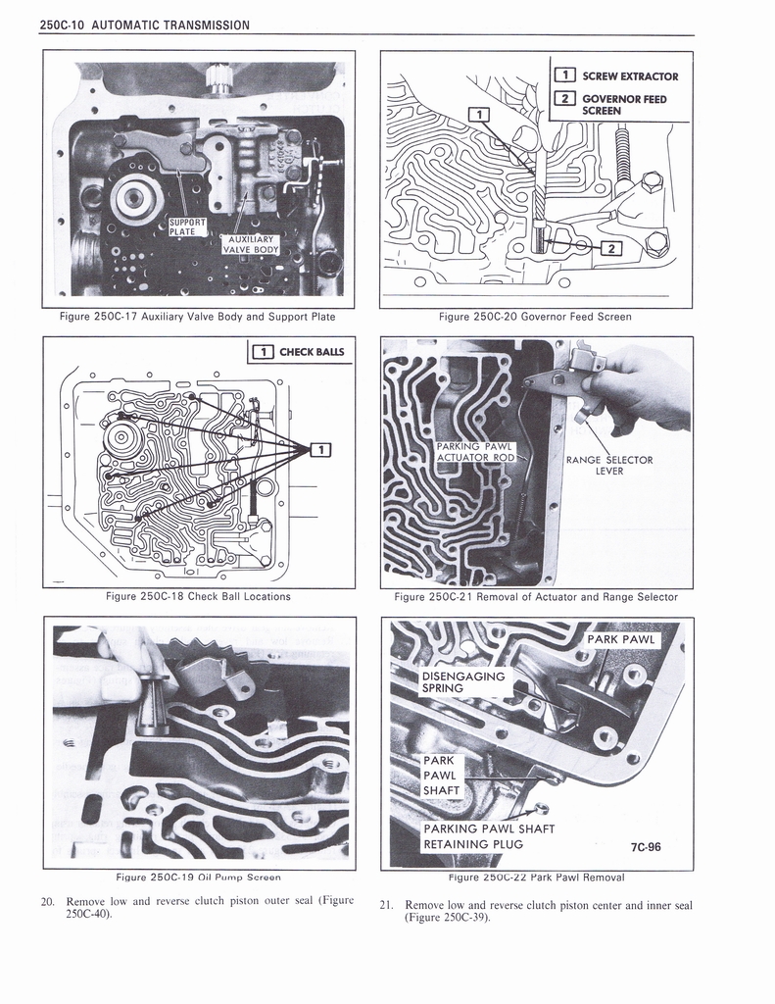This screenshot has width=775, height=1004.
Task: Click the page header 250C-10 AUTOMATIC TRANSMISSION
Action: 145,25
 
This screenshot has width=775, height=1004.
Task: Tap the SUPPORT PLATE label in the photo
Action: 187,226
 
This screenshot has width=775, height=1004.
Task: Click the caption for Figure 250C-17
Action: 199,316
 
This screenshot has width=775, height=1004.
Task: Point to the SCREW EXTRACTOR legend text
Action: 629,75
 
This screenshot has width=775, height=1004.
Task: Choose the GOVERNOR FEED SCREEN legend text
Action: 623,104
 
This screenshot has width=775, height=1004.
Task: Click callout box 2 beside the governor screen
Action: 611,248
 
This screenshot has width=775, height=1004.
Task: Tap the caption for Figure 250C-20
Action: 535,316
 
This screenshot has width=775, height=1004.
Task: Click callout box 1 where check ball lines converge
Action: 318,450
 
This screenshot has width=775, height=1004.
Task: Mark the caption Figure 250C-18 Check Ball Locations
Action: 199,596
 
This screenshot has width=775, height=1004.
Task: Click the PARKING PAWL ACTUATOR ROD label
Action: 474,452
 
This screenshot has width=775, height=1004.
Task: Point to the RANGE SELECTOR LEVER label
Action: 609,465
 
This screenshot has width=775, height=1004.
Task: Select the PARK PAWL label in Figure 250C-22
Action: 621,640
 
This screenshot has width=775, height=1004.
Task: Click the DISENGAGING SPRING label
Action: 462,682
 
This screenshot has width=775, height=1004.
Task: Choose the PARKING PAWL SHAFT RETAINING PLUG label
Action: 488,835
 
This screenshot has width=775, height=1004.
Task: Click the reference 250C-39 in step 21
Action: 460,919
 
